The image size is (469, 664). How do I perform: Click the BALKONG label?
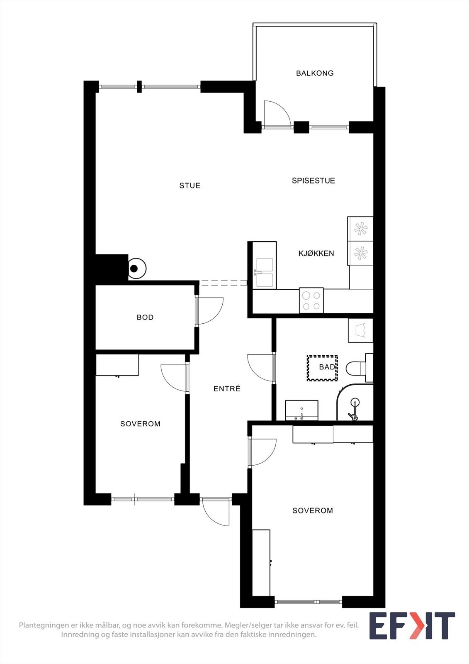[x=315, y=73]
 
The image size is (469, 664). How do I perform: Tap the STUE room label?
[x=190, y=186]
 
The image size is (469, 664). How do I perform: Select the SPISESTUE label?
[x=313, y=181]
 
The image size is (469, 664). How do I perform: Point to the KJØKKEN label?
[x=316, y=254]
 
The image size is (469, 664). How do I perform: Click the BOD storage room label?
[x=145, y=317]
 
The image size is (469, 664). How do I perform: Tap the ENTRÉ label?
[x=227, y=389]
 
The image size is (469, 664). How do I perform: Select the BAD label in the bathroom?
[x=327, y=367]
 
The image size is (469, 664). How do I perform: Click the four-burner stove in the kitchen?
[x=311, y=300]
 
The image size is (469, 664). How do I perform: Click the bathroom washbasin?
[x=301, y=410]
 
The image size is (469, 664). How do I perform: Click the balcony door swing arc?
[x=277, y=113]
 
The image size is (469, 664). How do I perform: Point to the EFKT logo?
[x=412, y=625]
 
